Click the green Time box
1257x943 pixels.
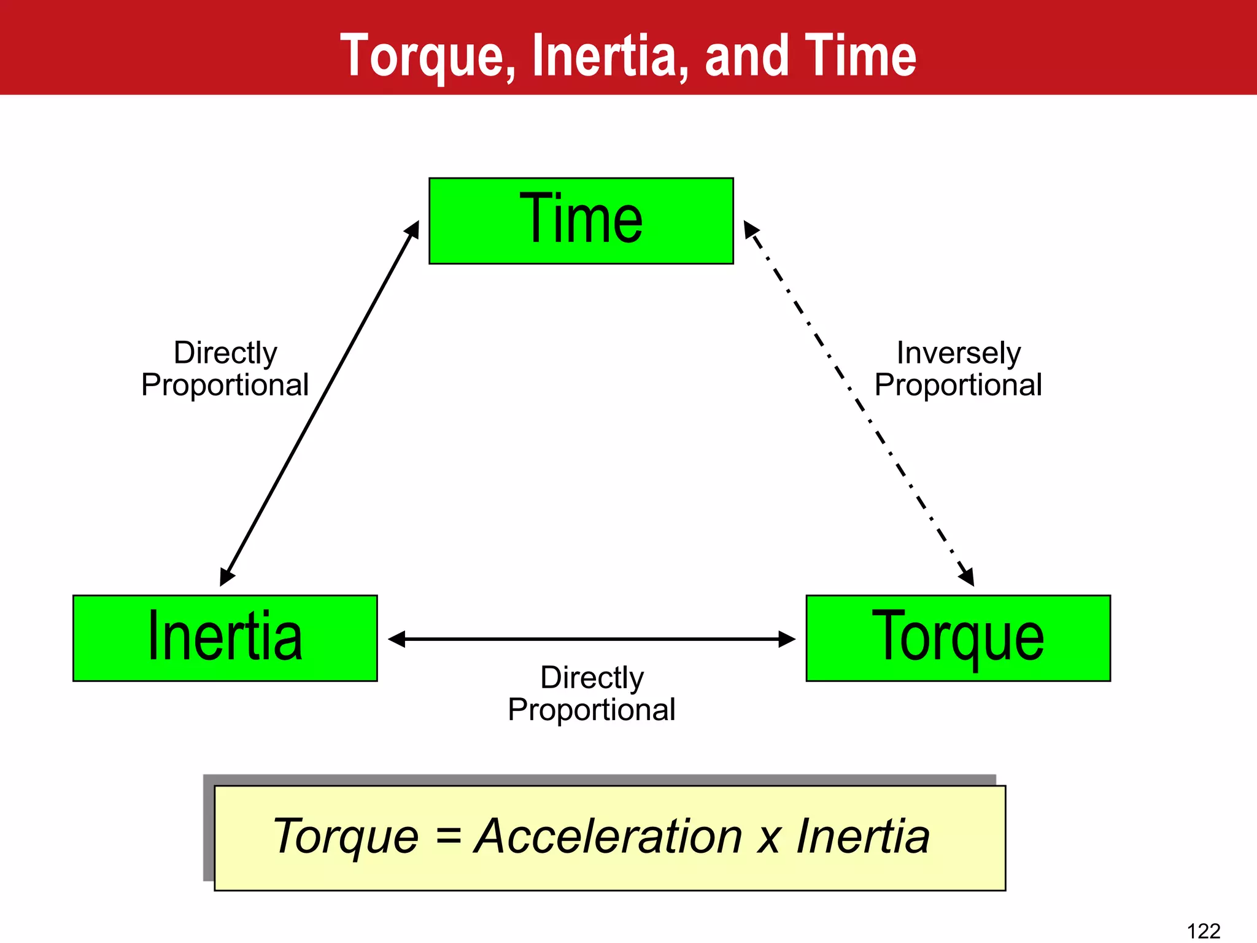(x=581, y=221)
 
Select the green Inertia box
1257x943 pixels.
(x=225, y=638)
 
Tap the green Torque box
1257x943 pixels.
(x=958, y=638)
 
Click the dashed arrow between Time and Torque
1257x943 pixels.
(x=859, y=403)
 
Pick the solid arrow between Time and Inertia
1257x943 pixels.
(x=320, y=403)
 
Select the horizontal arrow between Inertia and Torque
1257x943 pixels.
(x=592, y=639)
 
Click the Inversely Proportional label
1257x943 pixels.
(x=958, y=369)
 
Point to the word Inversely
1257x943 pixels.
(x=958, y=353)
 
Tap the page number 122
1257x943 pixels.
(x=1204, y=931)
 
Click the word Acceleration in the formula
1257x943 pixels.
(x=608, y=836)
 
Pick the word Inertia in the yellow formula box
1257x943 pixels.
(x=863, y=836)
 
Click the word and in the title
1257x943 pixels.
(x=747, y=56)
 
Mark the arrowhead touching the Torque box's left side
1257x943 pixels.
(x=787, y=639)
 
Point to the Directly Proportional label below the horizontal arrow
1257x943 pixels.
(x=592, y=694)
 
